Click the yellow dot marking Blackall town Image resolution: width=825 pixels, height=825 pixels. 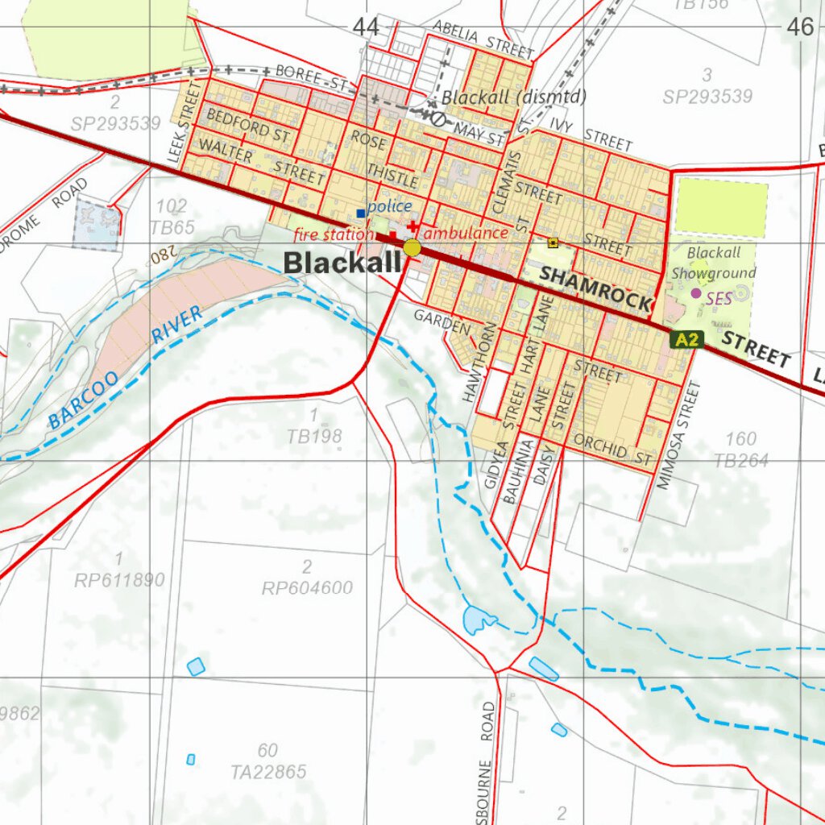(412, 247)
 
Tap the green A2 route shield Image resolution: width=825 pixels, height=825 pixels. (686, 339)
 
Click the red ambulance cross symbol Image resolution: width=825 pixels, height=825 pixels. (413, 227)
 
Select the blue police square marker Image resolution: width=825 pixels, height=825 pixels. (360, 214)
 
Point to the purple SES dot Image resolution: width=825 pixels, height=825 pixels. (696, 293)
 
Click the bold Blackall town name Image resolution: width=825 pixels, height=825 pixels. (342, 263)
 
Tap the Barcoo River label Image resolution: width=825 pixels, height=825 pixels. (125, 367)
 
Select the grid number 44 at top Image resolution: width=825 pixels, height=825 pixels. (365, 27)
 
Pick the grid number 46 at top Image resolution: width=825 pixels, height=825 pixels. (801, 27)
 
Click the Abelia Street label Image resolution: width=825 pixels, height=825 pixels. (483, 39)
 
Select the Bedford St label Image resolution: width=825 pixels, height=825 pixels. (249, 125)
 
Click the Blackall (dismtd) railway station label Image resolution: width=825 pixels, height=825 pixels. (514, 97)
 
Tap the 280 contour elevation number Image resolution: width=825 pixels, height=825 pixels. (161, 257)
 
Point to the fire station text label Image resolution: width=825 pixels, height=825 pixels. (334, 234)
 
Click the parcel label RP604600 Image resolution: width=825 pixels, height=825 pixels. (307, 588)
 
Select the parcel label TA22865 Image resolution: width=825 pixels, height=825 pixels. (268, 772)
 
